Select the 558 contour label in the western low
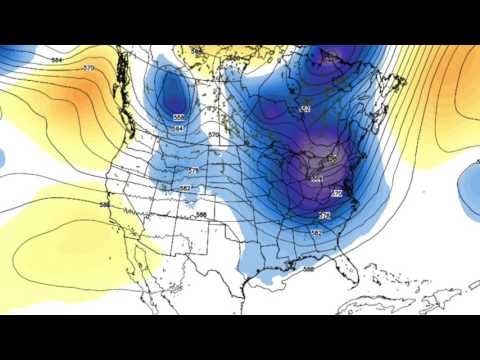(x=178, y=117)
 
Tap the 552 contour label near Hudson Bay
(x=304, y=109)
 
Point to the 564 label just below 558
(x=178, y=129)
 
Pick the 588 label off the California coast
(x=104, y=205)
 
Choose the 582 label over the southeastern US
(x=315, y=233)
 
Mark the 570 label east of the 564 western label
(x=213, y=135)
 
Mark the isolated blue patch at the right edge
(x=470, y=190)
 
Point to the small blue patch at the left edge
(x=3, y=158)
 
